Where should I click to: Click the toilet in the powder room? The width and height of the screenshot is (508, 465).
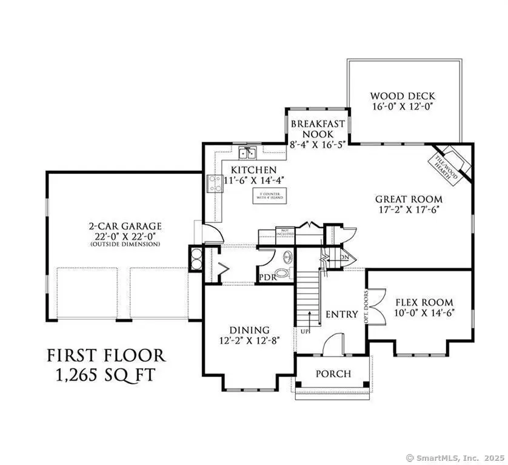[284, 272]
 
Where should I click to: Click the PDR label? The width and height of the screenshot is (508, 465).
[267, 278]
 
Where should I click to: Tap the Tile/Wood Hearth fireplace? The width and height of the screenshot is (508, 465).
[452, 162]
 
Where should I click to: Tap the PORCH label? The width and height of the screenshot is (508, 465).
[333, 374]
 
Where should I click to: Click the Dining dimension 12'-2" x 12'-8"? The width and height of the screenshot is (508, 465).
[249, 340]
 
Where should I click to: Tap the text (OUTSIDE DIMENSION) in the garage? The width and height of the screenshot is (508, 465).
[124, 244]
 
